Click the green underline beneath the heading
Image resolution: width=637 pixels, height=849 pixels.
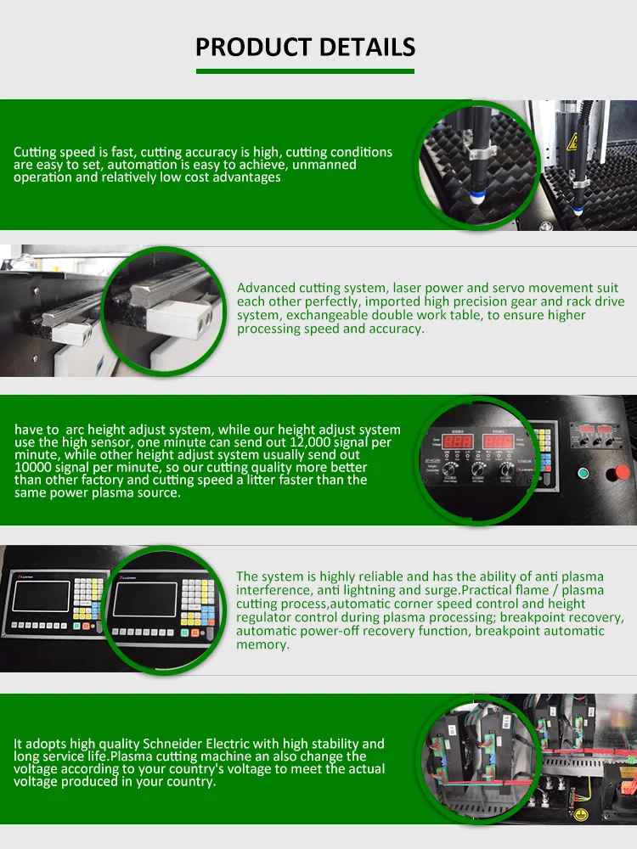(x=306, y=71)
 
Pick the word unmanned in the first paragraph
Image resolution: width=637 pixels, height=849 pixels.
(x=322, y=165)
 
